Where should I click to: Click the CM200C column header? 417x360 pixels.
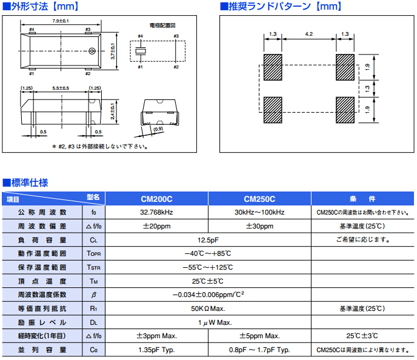[x=156, y=199]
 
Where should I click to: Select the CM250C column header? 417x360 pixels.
[x=259, y=199]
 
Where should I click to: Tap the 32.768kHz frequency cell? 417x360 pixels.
[x=156, y=213]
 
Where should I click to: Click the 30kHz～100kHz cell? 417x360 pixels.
[x=259, y=213]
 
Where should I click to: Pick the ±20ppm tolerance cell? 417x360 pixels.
[x=156, y=226]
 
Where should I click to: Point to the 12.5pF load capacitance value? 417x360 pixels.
[x=207, y=240]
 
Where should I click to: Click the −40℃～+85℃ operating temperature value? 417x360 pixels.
[x=207, y=253]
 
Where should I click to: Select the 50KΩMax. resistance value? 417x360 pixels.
[x=207, y=308]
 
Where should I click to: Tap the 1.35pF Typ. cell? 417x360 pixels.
[x=156, y=350]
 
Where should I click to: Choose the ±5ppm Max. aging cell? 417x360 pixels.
[x=259, y=336]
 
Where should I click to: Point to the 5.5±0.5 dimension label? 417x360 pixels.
[x=60, y=88]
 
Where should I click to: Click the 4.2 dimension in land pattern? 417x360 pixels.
[x=309, y=34]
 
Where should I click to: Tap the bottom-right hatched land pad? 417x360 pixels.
[x=345, y=108]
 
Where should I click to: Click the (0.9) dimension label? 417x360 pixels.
[x=159, y=129]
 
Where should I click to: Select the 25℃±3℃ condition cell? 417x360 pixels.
[x=362, y=336]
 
